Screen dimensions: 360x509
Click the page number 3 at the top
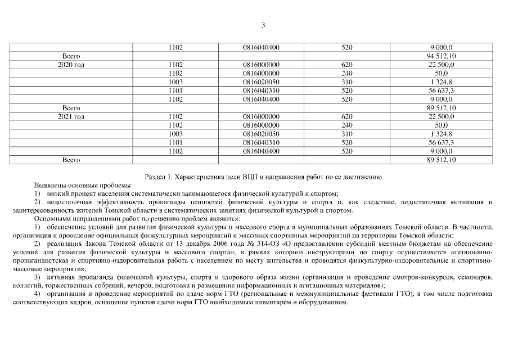tap(263, 25)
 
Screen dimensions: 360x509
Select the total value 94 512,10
tap(442, 56)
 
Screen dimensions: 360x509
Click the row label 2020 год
tap(71, 65)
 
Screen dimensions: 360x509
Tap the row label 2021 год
tap(71, 116)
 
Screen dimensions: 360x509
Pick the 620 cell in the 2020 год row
tap(346, 65)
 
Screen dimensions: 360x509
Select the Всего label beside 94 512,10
tap(71, 56)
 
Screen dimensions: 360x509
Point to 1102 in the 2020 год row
tap(175, 65)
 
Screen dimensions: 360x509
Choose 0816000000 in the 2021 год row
tap(262, 116)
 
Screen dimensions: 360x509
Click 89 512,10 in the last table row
tap(442, 160)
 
